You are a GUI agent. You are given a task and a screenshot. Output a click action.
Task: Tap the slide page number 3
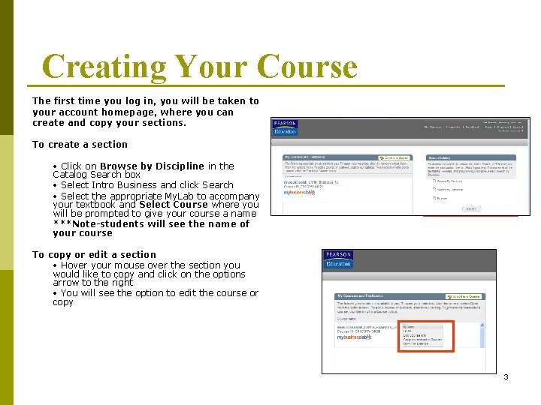(506, 376)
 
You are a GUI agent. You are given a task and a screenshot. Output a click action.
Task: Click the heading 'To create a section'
(80, 144)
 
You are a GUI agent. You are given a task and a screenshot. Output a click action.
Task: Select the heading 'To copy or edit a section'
(95, 254)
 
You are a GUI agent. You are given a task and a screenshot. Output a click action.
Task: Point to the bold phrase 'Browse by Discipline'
(152, 166)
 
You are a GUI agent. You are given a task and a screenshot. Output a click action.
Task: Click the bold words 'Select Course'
(174, 204)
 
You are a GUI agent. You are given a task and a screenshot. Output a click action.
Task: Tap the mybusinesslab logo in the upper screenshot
(299, 193)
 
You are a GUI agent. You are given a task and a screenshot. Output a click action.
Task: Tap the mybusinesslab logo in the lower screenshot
(355, 338)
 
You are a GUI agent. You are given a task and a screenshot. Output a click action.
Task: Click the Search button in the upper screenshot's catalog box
(470, 208)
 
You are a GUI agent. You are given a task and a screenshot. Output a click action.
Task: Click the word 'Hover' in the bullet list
(74, 265)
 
